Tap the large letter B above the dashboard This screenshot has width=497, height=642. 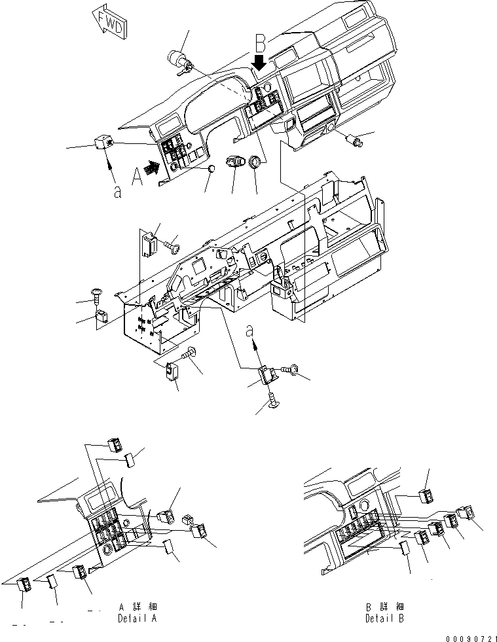tap(261, 45)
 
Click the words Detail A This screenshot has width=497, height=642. tap(137, 618)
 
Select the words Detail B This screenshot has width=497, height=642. tap(384, 618)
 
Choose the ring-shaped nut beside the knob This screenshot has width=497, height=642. tap(255, 162)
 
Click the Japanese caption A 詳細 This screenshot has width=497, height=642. tap(137, 607)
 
